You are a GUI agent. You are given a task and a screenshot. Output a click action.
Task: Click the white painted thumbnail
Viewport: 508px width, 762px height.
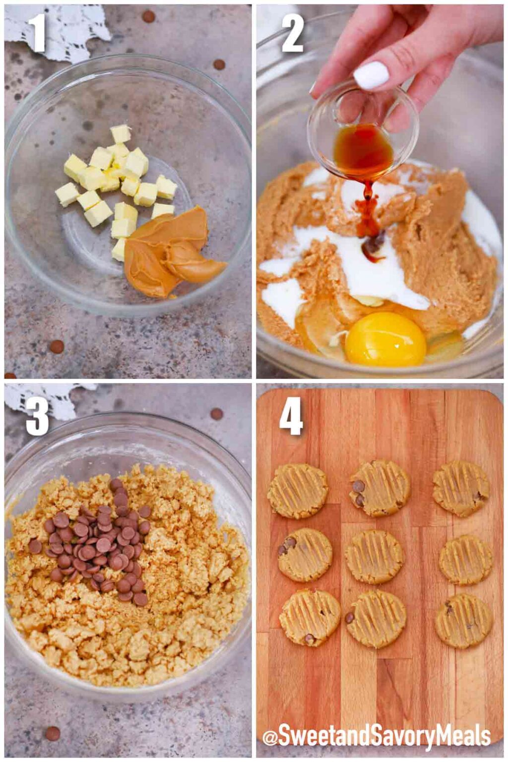[x=371, y=75]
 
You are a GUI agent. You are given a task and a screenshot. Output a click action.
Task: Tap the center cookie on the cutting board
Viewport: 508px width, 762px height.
[x=374, y=556]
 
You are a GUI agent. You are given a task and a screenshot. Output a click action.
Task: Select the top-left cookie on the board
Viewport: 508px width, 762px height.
[x=298, y=491]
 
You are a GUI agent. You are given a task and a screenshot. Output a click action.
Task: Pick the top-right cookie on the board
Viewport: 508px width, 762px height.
[x=460, y=488]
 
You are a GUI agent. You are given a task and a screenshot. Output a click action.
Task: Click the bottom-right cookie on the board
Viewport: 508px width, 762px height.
[x=464, y=621]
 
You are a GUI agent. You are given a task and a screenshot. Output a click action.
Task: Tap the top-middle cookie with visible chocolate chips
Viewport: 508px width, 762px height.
[x=380, y=488]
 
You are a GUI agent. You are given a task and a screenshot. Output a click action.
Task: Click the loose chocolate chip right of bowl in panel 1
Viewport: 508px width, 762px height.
[x=219, y=64]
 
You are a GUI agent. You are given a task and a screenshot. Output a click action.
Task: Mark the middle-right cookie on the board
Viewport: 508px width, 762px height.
[x=465, y=560]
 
